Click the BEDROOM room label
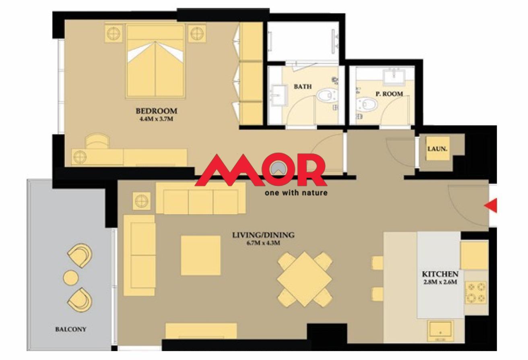coord(156,111)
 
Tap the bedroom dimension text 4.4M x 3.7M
coord(156,119)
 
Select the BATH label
coord(303,87)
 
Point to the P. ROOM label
coord(389,94)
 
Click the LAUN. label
coord(437,149)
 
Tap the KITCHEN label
coord(440,274)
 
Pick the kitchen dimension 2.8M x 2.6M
coord(440,282)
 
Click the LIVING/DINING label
coord(263,235)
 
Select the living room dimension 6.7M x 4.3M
coord(263,243)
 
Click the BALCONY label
coord(71,329)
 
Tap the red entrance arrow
coord(491,205)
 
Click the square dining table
coord(305,279)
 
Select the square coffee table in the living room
coord(200,255)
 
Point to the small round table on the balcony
coord(71,278)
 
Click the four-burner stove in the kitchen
coord(476,292)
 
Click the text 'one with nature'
coord(296,193)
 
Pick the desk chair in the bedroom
coord(97,141)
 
